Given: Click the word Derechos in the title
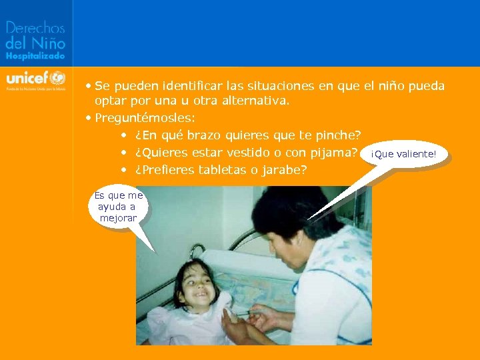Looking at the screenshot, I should click(x=35, y=28).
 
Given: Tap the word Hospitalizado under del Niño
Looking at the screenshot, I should click(x=35, y=57).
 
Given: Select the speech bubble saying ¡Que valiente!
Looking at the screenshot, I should click(x=403, y=155).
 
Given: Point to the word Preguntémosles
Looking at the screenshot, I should click(x=144, y=118).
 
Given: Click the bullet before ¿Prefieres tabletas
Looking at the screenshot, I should click(x=125, y=170).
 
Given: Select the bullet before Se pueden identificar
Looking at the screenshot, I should click(x=89, y=86).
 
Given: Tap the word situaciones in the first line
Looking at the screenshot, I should click(x=265, y=86).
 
